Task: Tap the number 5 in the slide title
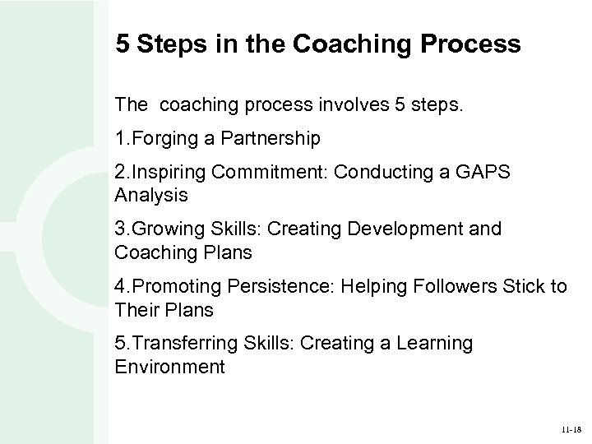tap(123, 44)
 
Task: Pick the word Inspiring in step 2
tap(170, 173)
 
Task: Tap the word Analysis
tap(152, 195)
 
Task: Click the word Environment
tap(170, 366)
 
